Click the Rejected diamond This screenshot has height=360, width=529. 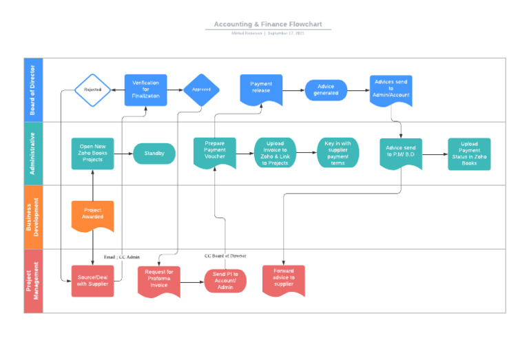pos(92,90)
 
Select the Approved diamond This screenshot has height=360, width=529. pos(201,89)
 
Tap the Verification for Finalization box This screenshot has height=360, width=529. pos(145,90)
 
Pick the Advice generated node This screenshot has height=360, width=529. pos(326,90)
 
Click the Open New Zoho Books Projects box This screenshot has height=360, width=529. pos(92,153)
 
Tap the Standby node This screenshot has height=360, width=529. pos(154,153)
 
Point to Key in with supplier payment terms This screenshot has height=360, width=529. pos(338,153)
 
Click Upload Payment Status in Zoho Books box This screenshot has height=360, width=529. pos(469,153)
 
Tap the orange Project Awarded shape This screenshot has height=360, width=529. pos(92,215)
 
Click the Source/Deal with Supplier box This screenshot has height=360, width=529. pos(92,281)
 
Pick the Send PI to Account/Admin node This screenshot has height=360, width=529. pos(225,281)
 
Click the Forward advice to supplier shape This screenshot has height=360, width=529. pos(283,279)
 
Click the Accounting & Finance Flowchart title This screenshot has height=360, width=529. pos(268,24)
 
